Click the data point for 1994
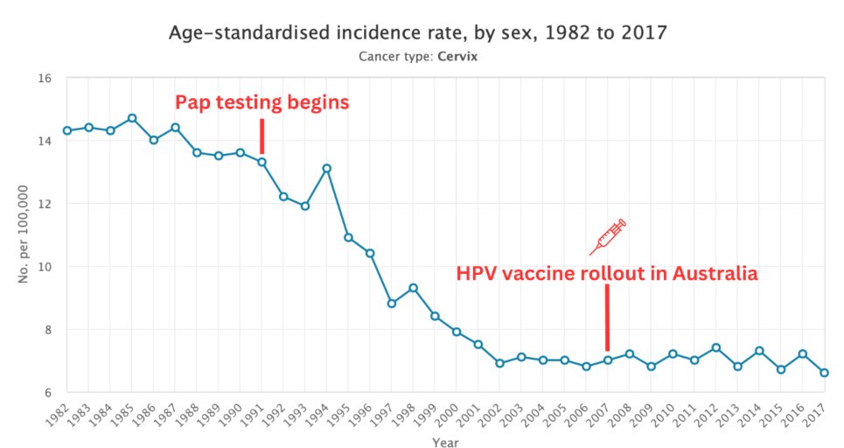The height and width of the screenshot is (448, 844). click(326, 168)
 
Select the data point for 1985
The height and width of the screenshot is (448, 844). click(132, 118)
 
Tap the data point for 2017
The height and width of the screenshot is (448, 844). click(824, 373)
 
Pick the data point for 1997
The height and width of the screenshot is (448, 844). click(391, 304)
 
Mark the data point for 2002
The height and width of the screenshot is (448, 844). click(499, 363)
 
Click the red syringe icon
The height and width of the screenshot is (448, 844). click(609, 236)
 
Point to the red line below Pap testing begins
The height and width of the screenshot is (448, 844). click(262, 136)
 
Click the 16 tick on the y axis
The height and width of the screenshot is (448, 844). click(46, 79)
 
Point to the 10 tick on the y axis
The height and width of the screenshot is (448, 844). click(46, 267)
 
